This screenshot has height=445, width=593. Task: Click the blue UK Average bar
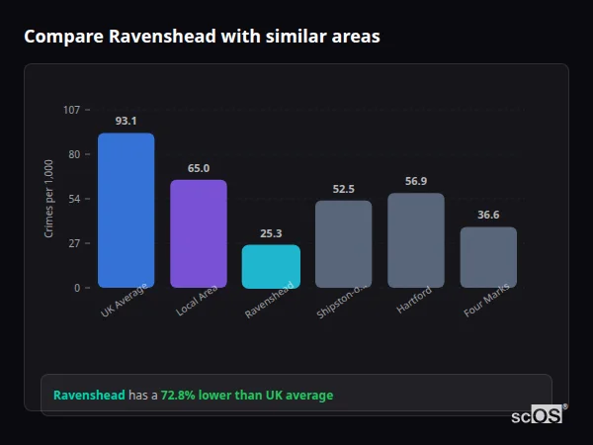pyautogui.click(x=126, y=210)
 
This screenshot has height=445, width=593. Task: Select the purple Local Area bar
pyautogui.click(x=198, y=233)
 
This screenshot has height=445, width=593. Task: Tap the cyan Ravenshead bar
pyautogui.click(x=271, y=266)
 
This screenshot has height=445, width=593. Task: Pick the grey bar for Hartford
pyautogui.click(x=415, y=240)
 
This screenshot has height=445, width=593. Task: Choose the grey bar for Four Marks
pyautogui.click(x=488, y=257)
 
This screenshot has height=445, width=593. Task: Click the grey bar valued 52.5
pyautogui.click(x=343, y=244)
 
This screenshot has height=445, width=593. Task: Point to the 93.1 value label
pyautogui.click(x=126, y=122)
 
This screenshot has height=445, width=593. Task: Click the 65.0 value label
pyautogui.click(x=199, y=168)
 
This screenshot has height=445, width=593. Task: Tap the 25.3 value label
pyautogui.click(x=271, y=233)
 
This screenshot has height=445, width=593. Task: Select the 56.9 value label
pyautogui.click(x=416, y=181)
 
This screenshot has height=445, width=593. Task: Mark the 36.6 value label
pyautogui.click(x=488, y=215)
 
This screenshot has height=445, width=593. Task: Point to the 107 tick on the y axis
pyautogui.click(x=71, y=110)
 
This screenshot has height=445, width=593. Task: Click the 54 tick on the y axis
pyautogui.click(x=74, y=199)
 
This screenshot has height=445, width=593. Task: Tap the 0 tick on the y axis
pyautogui.click(x=77, y=288)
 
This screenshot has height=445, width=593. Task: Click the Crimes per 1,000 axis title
pyautogui.click(x=49, y=199)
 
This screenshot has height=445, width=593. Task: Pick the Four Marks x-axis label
pyautogui.click(x=486, y=303)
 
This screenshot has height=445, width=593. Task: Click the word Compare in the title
pyautogui.click(x=62, y=37)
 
